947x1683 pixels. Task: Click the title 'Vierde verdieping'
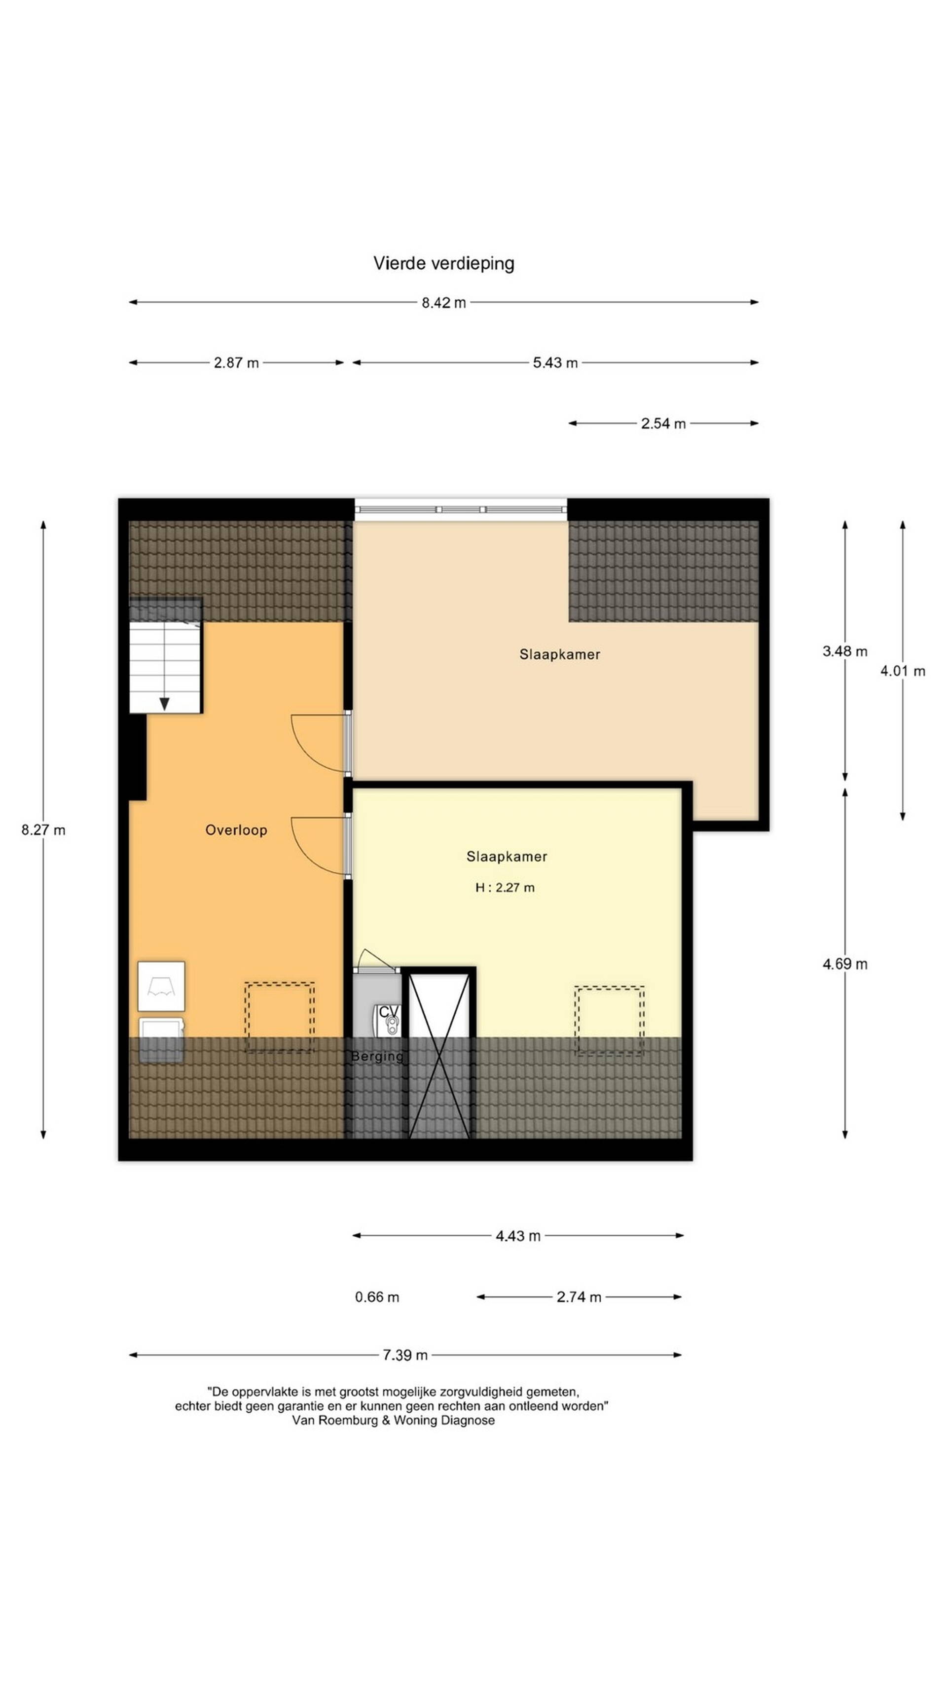444,263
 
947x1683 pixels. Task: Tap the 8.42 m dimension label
444,302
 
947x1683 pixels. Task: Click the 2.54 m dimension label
663,424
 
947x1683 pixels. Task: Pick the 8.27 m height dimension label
43,830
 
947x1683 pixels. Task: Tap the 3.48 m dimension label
845,651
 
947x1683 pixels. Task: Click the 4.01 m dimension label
903,671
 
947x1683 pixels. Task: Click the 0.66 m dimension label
377,1297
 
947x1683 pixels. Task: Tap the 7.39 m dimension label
405,1355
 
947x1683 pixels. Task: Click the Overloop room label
236,830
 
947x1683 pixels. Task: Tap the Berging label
377,1056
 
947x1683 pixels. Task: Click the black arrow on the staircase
165,704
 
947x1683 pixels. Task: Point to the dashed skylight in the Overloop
280,1017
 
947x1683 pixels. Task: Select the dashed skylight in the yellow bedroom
609,1021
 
